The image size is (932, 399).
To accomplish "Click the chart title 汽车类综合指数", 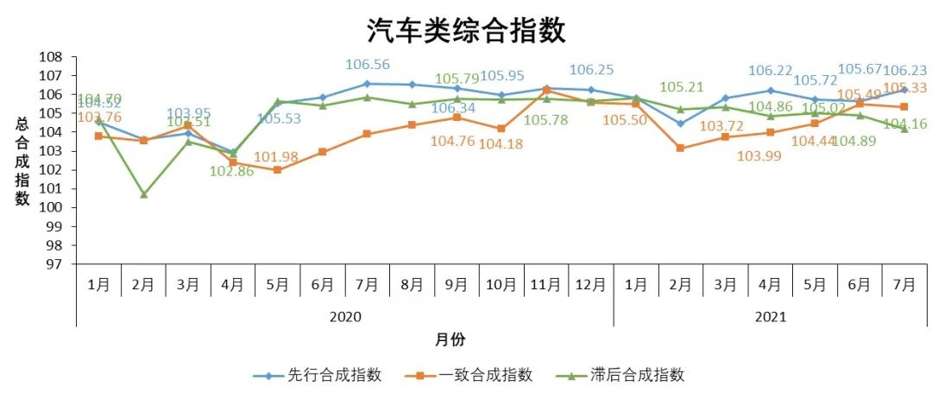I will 466,31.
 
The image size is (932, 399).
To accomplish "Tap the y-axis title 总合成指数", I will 22,161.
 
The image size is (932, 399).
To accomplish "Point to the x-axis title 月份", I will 450,339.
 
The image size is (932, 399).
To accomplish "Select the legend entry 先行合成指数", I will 317,375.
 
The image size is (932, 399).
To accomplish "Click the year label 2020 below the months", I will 345,317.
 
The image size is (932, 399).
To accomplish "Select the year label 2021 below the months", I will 770,317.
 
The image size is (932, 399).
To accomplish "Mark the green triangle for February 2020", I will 143,194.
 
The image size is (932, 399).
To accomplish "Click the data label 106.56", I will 368,65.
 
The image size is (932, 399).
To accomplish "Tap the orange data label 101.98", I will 276,156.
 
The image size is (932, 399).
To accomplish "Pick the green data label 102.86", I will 231,171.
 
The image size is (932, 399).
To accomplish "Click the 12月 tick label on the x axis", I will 591,283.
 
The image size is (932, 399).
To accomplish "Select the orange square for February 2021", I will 681,148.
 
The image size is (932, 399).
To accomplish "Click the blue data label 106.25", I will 591,70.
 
